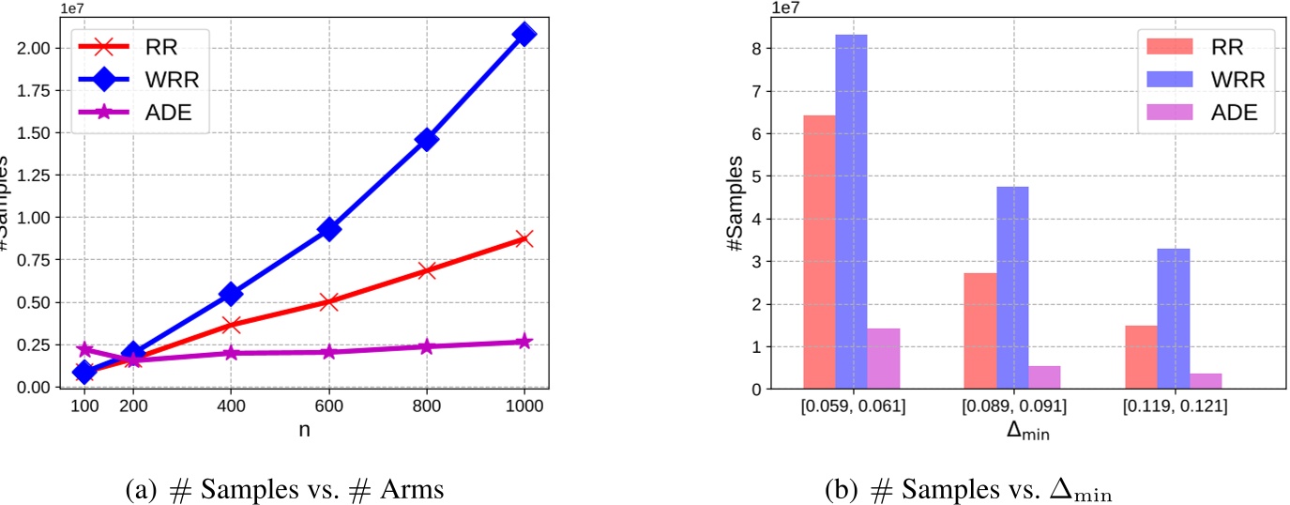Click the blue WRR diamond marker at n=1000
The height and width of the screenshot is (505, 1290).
pyautogui.click(x=524, y=35)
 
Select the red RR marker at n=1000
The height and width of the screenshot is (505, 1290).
pyautogui.click(x=524, y=238)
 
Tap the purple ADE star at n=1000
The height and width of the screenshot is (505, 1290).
pyautogui.click(x=524, y=342)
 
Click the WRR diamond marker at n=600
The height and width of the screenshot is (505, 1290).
pyautogui.click(x=329, y=229)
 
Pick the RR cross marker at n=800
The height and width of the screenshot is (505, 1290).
pyautogui.click(x=427, y=270)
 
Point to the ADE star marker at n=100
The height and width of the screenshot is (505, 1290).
pyautogui.click(x=84, y=349)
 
